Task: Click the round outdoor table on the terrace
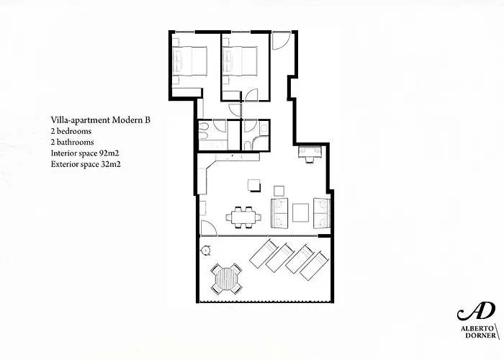(226, 278)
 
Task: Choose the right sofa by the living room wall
(321, 212)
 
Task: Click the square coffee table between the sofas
(300, 212)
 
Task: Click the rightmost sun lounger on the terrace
(314, 265)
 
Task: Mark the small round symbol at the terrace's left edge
(205, 250)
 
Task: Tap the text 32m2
(109, 165)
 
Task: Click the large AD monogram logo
(475, 310)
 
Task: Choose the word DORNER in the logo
(476, 336)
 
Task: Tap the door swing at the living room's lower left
(208, 229)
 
